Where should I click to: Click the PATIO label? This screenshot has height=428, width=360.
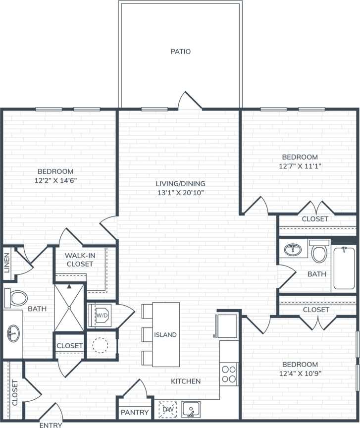tap(180, 52)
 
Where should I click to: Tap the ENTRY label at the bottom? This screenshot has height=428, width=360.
tap(51, 425)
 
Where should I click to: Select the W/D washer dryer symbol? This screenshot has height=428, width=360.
tap(102, 315)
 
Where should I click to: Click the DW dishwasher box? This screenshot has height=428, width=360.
tap(167, 410)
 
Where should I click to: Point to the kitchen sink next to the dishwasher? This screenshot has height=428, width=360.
tap(190, 410)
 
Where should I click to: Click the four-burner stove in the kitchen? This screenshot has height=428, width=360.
tap(229, 374)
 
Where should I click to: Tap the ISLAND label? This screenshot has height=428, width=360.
tap(165, 334)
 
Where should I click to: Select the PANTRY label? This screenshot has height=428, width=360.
tap(134, 412)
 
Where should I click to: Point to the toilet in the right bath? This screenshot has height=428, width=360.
tap(319, 251)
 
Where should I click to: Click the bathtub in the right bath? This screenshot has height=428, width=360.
tap(344, 267)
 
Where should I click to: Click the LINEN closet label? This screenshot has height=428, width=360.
tap(7, 263)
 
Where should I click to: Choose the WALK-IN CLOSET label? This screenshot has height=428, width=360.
tap(80, 260)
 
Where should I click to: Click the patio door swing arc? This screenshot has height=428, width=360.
tap(190, 100)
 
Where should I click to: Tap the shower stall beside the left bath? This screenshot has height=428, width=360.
tap(69, 307)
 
